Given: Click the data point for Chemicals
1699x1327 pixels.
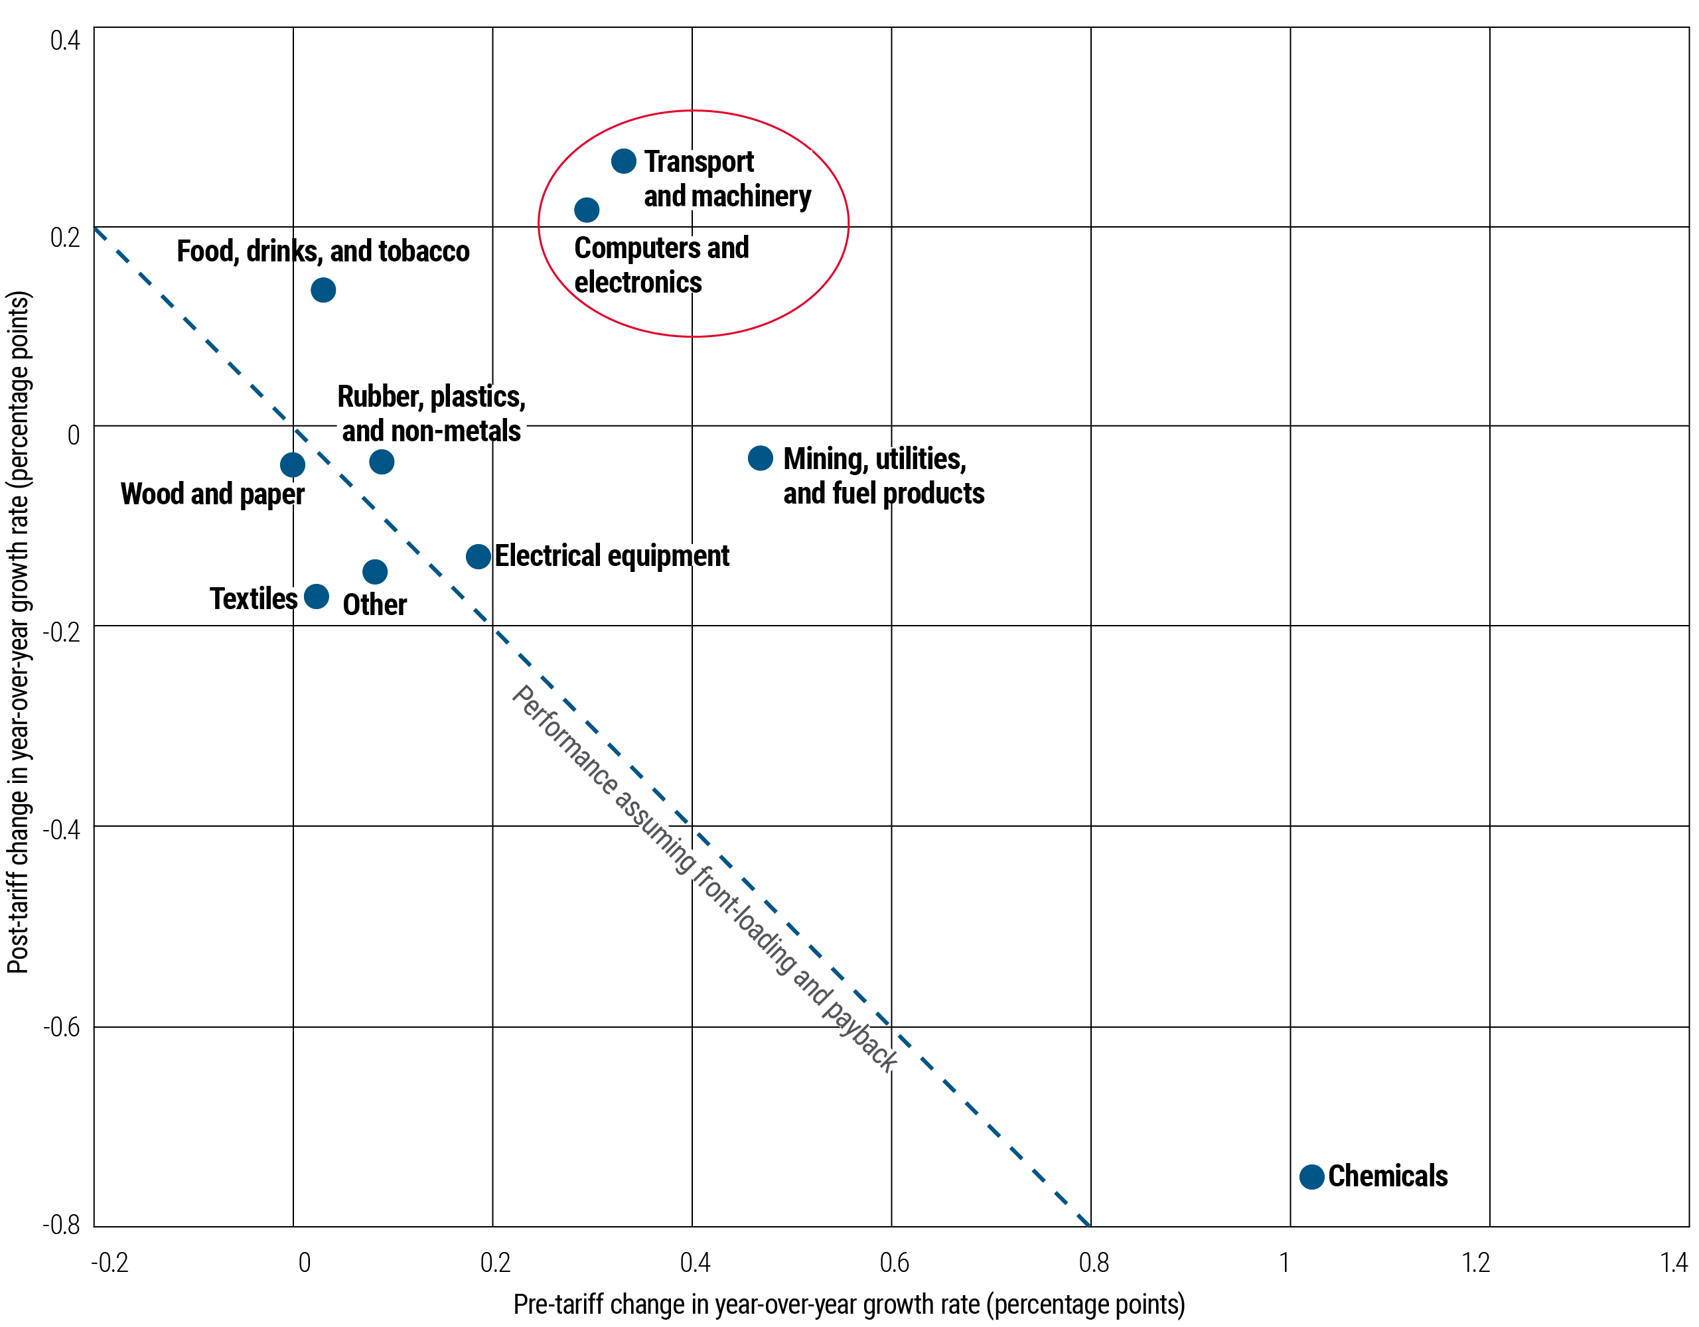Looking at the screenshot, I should pos(1311,1177).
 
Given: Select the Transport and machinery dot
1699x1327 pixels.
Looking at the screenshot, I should pos(624,161).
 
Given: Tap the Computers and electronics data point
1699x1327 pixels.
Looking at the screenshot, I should pos(587,210).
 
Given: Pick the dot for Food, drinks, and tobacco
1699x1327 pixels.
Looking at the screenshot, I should pos(323,290).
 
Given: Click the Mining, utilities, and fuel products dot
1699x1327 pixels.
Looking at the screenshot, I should pos(760,458).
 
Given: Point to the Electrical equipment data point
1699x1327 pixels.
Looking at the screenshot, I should pos(479,556).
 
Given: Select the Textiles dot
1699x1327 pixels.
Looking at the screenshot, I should pos(316,596).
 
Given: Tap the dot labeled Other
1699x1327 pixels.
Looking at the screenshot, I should pos(375,573).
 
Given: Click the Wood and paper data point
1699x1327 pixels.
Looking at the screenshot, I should pos(293,465).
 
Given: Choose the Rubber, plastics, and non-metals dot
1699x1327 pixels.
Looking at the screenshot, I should pos(381,462).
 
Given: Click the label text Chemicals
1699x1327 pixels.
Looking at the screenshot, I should pos(1388,1176).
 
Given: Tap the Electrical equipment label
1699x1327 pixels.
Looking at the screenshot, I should pos(612,556).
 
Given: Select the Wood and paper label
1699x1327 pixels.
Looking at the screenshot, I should pos(212,494).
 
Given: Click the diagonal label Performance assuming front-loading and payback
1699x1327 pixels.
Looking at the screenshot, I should pos(705,879).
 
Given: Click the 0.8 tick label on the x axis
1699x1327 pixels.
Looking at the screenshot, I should pos(1094,1262).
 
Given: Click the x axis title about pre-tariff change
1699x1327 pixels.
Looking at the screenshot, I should pos(849,1304).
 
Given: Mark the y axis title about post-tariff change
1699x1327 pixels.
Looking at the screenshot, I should pos(19,632).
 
